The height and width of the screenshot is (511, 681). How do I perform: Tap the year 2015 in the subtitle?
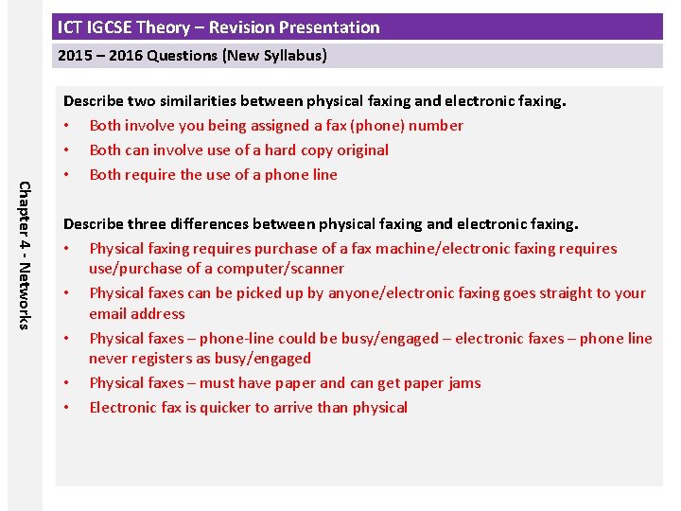[75, 56]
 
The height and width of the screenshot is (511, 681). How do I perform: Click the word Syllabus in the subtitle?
[291, 56]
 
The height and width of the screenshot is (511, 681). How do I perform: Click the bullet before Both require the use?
[67, 175]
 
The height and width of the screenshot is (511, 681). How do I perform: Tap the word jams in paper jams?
[462, 383]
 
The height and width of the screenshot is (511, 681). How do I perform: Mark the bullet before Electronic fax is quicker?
[67, 408]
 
